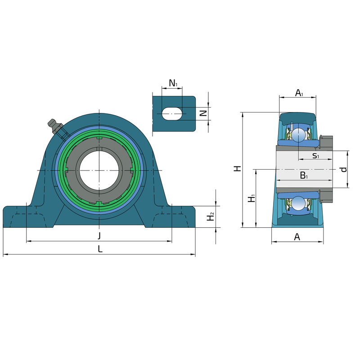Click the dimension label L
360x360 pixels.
point(100,249)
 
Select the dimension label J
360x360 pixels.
point(99,236)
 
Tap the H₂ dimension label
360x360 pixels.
point(210,216)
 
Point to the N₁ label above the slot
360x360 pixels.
point(173,83)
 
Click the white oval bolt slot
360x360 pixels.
point(172,113)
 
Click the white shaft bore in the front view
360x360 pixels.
point(99,171)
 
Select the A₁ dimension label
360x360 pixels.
point(299,93)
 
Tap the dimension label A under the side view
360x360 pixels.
point(297,237)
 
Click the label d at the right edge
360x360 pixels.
point(344,170)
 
